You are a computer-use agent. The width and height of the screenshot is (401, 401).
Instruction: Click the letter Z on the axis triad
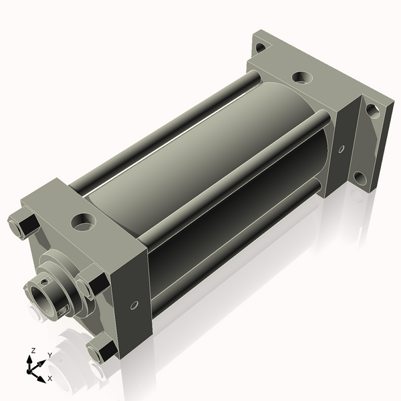[33, 351]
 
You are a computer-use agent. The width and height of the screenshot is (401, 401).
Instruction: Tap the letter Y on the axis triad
[50, 356]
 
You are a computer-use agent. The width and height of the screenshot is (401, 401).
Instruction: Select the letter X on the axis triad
[50, 378]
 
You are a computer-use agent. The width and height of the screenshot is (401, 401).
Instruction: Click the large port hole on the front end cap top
[83, 221]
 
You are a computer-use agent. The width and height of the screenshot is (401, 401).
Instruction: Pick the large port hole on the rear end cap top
[302, 77]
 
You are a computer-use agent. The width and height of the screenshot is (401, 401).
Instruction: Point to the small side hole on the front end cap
[134, 305]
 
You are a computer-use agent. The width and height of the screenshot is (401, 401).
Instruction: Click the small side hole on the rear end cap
[342, 149]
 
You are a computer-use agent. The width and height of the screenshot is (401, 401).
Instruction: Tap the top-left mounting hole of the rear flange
[261, 47]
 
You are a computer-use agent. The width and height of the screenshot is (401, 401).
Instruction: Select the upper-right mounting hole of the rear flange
[374, 111]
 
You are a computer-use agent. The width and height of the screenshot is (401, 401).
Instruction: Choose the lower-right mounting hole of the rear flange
[360, 178]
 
